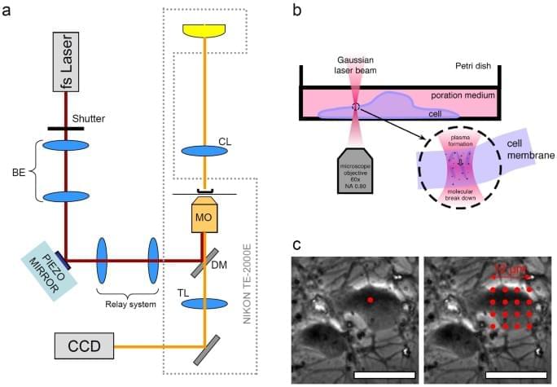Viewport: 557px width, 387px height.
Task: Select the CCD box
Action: [x=82, y=346]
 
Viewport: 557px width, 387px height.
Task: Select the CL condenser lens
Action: [x=203, y=151]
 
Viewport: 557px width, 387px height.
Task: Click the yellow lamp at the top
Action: [x=203, y=29]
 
